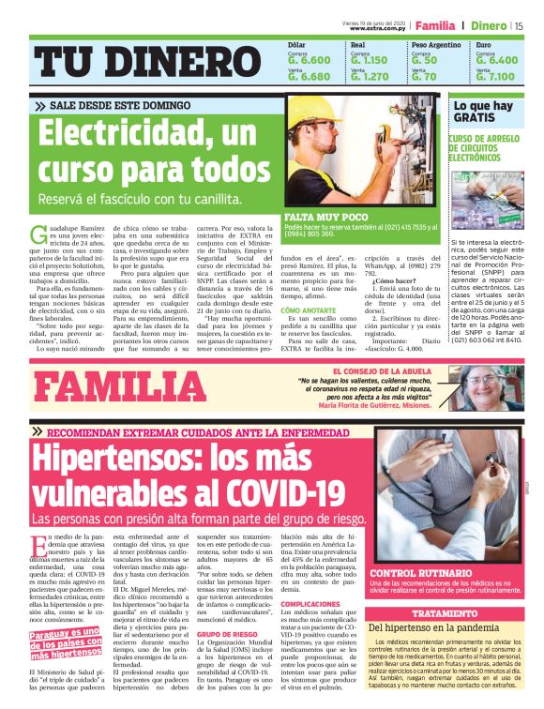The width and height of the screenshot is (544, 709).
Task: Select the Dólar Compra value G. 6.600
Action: [309, 59]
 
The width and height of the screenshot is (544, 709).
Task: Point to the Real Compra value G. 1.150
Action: [369, 59]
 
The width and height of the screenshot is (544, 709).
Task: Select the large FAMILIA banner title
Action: [120, 386]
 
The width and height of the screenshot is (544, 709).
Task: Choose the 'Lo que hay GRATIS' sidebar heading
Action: [482, 113]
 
